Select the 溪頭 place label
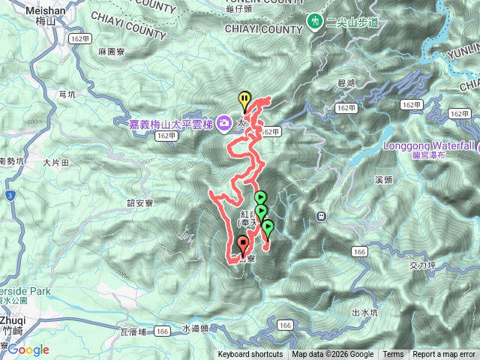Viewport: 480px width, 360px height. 383,180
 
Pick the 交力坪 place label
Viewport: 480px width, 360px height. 423,265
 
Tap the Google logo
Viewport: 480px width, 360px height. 28,349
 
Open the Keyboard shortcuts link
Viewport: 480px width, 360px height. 250,355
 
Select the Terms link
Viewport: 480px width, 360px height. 393,355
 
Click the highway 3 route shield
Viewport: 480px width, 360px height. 9,196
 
